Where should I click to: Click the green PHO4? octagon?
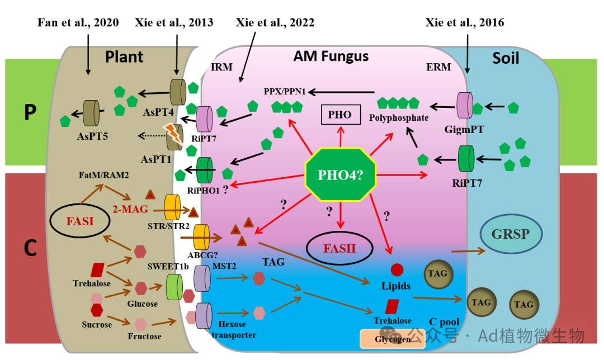(x=340, y=174)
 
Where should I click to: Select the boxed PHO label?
(x=339, y=115)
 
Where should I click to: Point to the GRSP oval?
(x=509, y=233)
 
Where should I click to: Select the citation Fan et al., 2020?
(x=78, y=22)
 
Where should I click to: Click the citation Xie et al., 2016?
(x=464, y=22)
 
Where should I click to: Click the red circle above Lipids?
(x=397, y=270)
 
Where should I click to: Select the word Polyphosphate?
(x=399, y=118)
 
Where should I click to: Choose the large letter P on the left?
(x=30, y=112)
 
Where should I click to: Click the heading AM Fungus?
(x=331, y=56)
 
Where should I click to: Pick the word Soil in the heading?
(x=506, y=58)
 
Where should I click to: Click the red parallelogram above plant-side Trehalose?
(x=97, y=270)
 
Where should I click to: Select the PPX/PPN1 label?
(x=285, y=91)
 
